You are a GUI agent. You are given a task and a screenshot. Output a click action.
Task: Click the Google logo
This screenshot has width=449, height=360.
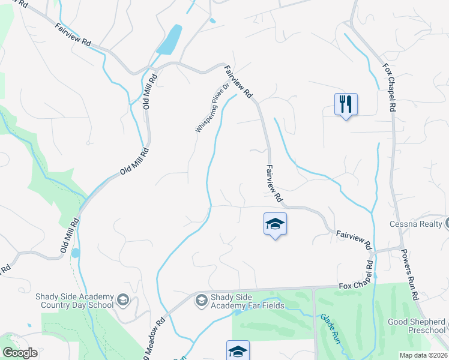20,353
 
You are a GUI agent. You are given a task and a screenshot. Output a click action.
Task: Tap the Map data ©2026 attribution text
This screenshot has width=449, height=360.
423,355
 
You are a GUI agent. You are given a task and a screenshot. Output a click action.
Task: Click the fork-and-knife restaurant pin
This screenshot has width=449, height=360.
346,104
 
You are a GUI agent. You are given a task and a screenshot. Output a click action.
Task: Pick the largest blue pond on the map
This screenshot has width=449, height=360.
170,39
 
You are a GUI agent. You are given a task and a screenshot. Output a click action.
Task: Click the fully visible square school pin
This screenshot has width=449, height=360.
275,224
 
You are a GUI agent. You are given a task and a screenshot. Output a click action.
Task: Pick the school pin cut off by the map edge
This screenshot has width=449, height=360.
238,350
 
